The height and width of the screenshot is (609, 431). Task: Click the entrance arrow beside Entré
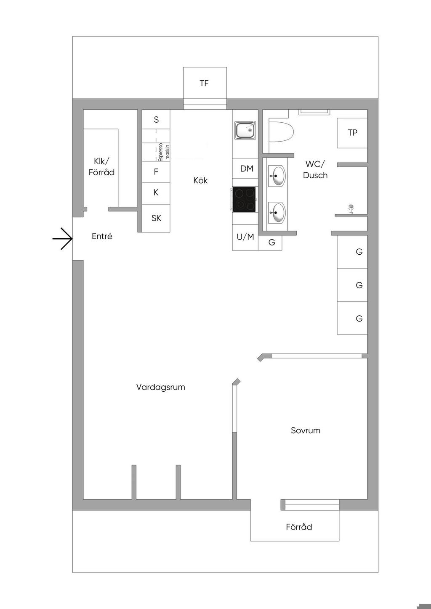click(63, 239)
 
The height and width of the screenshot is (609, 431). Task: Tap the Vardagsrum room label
click(161, 387)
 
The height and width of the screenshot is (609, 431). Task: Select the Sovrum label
click(306, 430)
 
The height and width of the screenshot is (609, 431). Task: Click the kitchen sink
click(245, 130)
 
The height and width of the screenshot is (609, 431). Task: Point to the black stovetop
click(244, 199)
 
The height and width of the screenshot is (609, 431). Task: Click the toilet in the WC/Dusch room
click(281, 132)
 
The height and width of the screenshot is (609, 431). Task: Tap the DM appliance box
click(245, 169)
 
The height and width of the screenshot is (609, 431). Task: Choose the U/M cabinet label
click(245, 237)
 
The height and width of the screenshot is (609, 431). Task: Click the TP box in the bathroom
click(352, 133)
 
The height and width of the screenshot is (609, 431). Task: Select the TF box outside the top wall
click(205, 83)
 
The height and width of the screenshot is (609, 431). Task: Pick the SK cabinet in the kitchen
click(156, 218)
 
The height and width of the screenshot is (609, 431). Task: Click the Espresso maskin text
click(164, 152)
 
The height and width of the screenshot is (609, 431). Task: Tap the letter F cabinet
click(156, 172)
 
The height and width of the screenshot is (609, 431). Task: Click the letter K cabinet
click(156, 193)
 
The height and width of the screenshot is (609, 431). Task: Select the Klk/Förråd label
click(101, 167)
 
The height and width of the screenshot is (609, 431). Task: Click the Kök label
click(200, 180)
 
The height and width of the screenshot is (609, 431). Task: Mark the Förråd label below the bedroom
click(299, 527)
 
